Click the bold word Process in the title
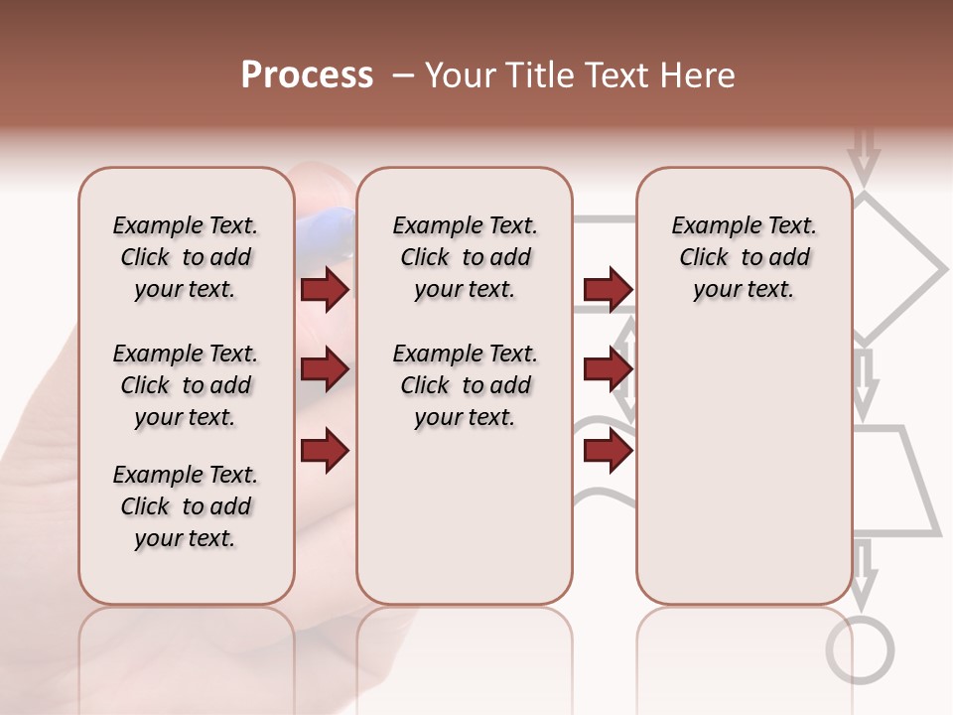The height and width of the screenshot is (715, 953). (307, 75)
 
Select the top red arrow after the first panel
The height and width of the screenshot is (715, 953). (325, 290)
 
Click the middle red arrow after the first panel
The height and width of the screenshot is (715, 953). (325, 370)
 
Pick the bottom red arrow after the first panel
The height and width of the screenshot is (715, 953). (325, 451)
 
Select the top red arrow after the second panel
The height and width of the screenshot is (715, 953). (608, 290)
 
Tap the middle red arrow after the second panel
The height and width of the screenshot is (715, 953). (608, 370)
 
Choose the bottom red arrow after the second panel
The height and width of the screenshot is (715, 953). (608, 451)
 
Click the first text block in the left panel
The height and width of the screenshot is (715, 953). (186, 257)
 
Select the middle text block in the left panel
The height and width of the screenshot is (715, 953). (186, 385)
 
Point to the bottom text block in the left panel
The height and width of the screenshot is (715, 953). (186, 506)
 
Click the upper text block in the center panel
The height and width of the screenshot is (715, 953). (465, 257)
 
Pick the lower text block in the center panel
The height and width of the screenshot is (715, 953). (465, 385)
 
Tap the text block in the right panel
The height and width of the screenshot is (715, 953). (744, 257)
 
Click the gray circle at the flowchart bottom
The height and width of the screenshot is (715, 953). (860, 650)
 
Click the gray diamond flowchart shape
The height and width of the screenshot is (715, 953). (898, 268)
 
